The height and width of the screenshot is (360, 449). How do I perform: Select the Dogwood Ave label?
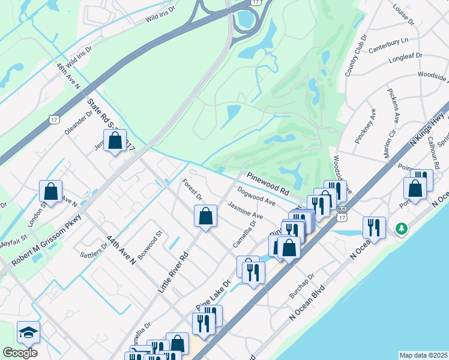click(256, 197)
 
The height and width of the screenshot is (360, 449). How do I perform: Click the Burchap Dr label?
click(301, 288)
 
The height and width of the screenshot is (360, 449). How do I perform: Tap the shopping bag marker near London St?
click(51, 192)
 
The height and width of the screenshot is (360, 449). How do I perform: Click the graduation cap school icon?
click(28, 332)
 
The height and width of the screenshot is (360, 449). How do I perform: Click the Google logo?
click(20, 353)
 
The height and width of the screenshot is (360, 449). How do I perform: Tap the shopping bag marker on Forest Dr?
click(205, 216)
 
